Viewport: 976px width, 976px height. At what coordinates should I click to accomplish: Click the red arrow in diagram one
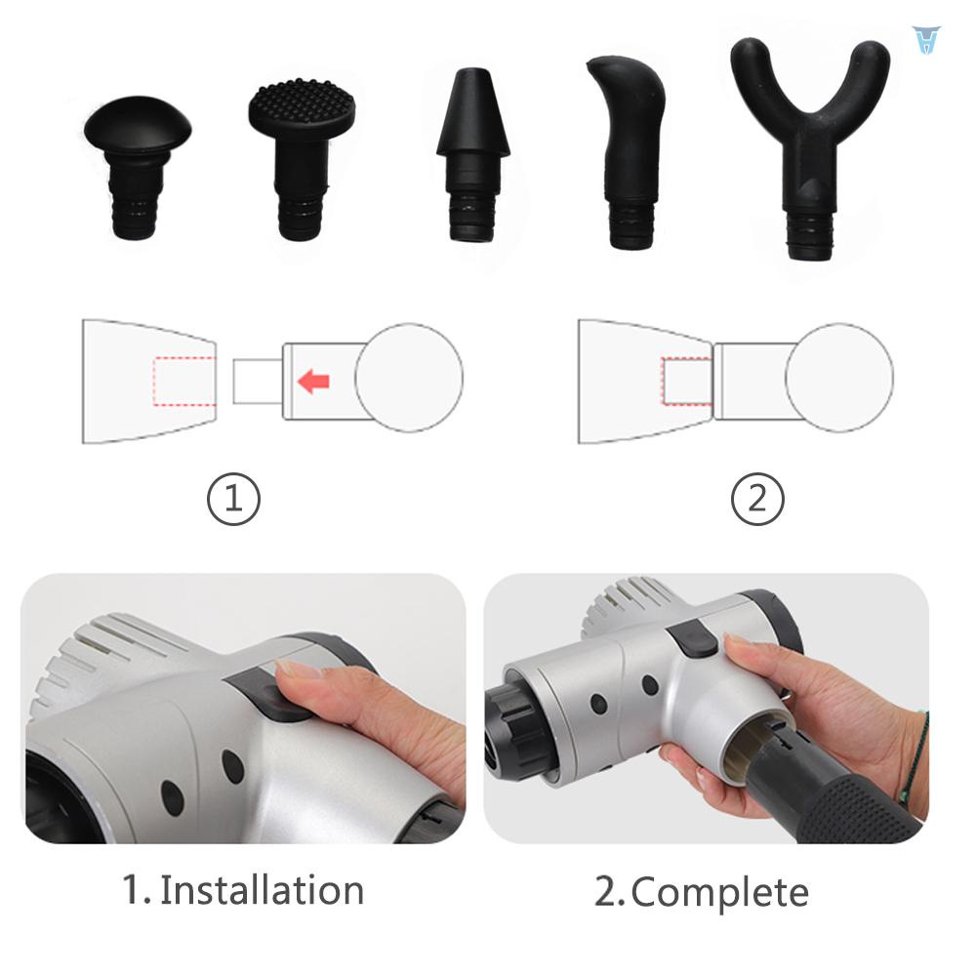click(313, 381)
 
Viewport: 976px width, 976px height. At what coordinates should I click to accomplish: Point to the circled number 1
click(233, 500)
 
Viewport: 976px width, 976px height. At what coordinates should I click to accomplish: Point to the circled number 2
click(757, 500)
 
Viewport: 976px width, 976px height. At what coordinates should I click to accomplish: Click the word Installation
click(262, 890)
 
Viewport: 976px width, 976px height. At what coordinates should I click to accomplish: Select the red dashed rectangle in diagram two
click(687, 380)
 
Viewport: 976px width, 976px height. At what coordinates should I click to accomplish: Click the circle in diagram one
click(409, 379)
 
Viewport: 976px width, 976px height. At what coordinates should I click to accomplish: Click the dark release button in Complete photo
click(693, 640)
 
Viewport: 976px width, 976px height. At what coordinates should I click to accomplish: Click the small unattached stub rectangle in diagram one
click(257, 381)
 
